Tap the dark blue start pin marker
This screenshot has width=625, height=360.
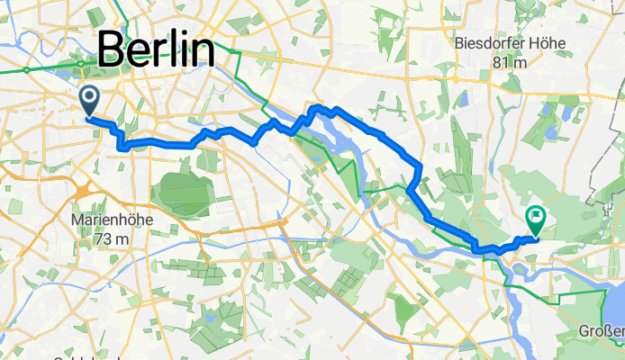click(90, 99)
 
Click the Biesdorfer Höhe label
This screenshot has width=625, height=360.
click(503, 42)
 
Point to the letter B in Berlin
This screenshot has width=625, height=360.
click(110, 49)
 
